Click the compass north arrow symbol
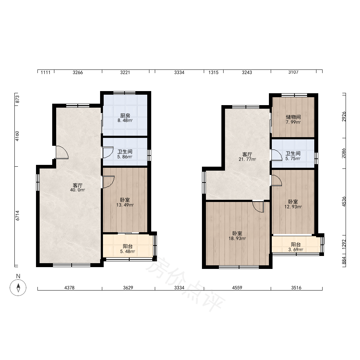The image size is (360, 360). (x=18, y=287)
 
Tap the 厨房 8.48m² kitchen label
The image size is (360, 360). (x=125, y=118)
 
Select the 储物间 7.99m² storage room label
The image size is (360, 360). (x=293, y=120)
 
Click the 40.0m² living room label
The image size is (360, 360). (x=78, y=188)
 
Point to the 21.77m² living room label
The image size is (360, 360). (x=247, y=157)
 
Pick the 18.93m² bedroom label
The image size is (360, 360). (x=237, y=236)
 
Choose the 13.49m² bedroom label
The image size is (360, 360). (x=125, y=202)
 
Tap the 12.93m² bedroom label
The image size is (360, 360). (x=293, y=204)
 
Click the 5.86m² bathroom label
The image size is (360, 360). (x=125, y=154)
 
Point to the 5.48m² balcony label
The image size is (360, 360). (x=128, y=249)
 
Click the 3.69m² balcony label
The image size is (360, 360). (x=296, y=247)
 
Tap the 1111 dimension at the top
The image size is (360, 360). (x=45, y=73)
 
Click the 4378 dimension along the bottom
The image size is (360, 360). (x=69, y=288)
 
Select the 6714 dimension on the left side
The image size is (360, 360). (x=17, y=216)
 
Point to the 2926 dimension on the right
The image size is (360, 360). (x=344, y=117)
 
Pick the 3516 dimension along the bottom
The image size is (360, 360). (x=296, y=288)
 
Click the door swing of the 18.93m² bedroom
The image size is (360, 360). (x=258, y=206)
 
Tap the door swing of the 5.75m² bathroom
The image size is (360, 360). (x=276, y=155)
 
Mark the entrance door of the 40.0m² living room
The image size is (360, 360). (x=62, y=152)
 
